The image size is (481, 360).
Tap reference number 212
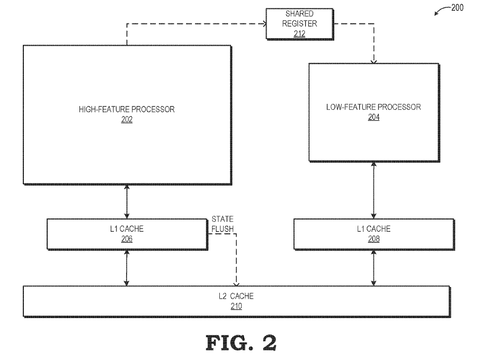pyautogui.click(x=299, y=34)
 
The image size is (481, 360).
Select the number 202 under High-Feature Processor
pyautogui.click(x=127, y=119)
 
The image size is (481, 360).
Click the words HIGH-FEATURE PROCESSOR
pyautogui.click(x=127, y=109)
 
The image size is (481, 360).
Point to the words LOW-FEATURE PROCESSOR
pyautogui.click(x=373, y=107)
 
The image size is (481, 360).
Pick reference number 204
pyautogui.click(x=373, y=117)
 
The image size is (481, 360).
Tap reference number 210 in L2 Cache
pyautogui.click(x=236, y=306)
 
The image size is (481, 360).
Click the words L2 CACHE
pyautogui.click(x=236, y=296)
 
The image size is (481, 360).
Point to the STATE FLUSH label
pyautogui.click(x=222, y=224)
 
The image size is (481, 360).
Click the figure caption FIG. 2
pyautogui.click(x=241, y=343)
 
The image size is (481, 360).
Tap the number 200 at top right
pyautogui.click(x=457, y=7)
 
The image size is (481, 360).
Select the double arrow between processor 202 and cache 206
pyautogui.click(x=127, y=201)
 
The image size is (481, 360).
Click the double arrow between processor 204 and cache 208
pyautogui.click(x=373, y=190)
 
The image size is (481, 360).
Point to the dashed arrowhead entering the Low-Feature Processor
pyautogui.click(x=373, y=61)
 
